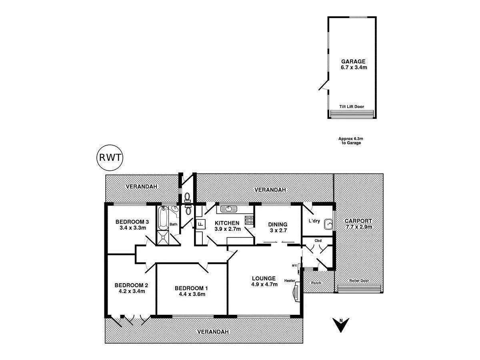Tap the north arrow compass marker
(x=340, y=324)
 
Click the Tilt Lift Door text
(x=352, y=107)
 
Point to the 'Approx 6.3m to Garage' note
(x=350, y=140)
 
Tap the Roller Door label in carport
(x=359, y=281)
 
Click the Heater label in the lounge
(x=290, y=280)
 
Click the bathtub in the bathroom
(x=162, y=218)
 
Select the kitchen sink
(x=228, y=209)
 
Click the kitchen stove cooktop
(x=249, y=220)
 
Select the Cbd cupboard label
(x=318, y=241)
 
